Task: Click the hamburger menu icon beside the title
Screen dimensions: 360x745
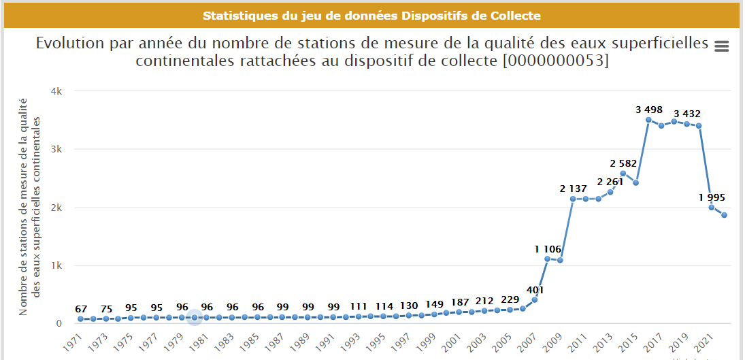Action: click(x=722, y=46)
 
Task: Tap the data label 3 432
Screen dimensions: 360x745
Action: click(x=686, y=113)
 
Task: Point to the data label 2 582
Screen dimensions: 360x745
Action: click(x=622, y=163)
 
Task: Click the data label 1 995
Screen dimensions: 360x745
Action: click(x=712, y=198)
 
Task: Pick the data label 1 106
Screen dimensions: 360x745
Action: click(x=547, y=248)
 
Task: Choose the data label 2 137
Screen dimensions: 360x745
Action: click(x=573, y=189)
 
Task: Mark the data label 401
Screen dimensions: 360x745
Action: click(x=534, y=290)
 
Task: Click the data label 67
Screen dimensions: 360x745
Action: click(x=81, y=310)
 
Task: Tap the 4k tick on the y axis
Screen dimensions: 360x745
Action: click(x=59, y=91)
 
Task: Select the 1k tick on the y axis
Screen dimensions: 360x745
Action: click(x=59, y=266)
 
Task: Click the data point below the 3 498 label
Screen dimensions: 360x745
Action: click(x=648, y=120)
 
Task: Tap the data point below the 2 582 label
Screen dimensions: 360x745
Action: click(x=623, y=173)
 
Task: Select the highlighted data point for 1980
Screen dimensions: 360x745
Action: click(x=195, y=317)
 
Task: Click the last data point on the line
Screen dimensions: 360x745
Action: click(x=725, y=215)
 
